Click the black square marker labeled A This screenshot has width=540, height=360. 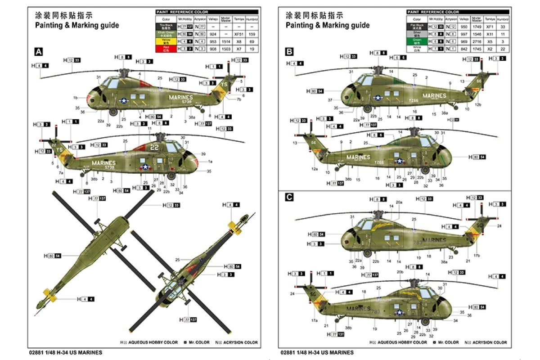pos(39,52)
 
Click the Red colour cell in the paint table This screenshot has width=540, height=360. pos(166,48)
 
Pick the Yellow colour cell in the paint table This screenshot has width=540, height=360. pos(166,41)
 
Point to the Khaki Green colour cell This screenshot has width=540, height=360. pos(166,34)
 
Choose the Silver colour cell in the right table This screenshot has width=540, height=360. pos(417,34)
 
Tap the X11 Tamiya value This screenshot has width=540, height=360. pos(490,34)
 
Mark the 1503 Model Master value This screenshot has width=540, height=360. pos(226,48)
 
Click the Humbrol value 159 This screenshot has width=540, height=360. pos(252,34)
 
